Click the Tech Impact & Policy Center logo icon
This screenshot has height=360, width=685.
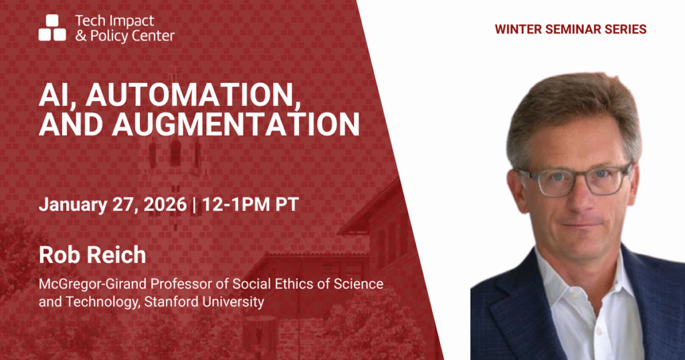pos(52,27)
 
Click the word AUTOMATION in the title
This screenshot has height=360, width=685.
pos(193,95)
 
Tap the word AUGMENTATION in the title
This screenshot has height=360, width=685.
pos(235,124)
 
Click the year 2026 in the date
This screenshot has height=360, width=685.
pos(165,205)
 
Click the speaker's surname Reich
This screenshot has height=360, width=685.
pos(120,255)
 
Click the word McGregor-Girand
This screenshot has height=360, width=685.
pos(93,284)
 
